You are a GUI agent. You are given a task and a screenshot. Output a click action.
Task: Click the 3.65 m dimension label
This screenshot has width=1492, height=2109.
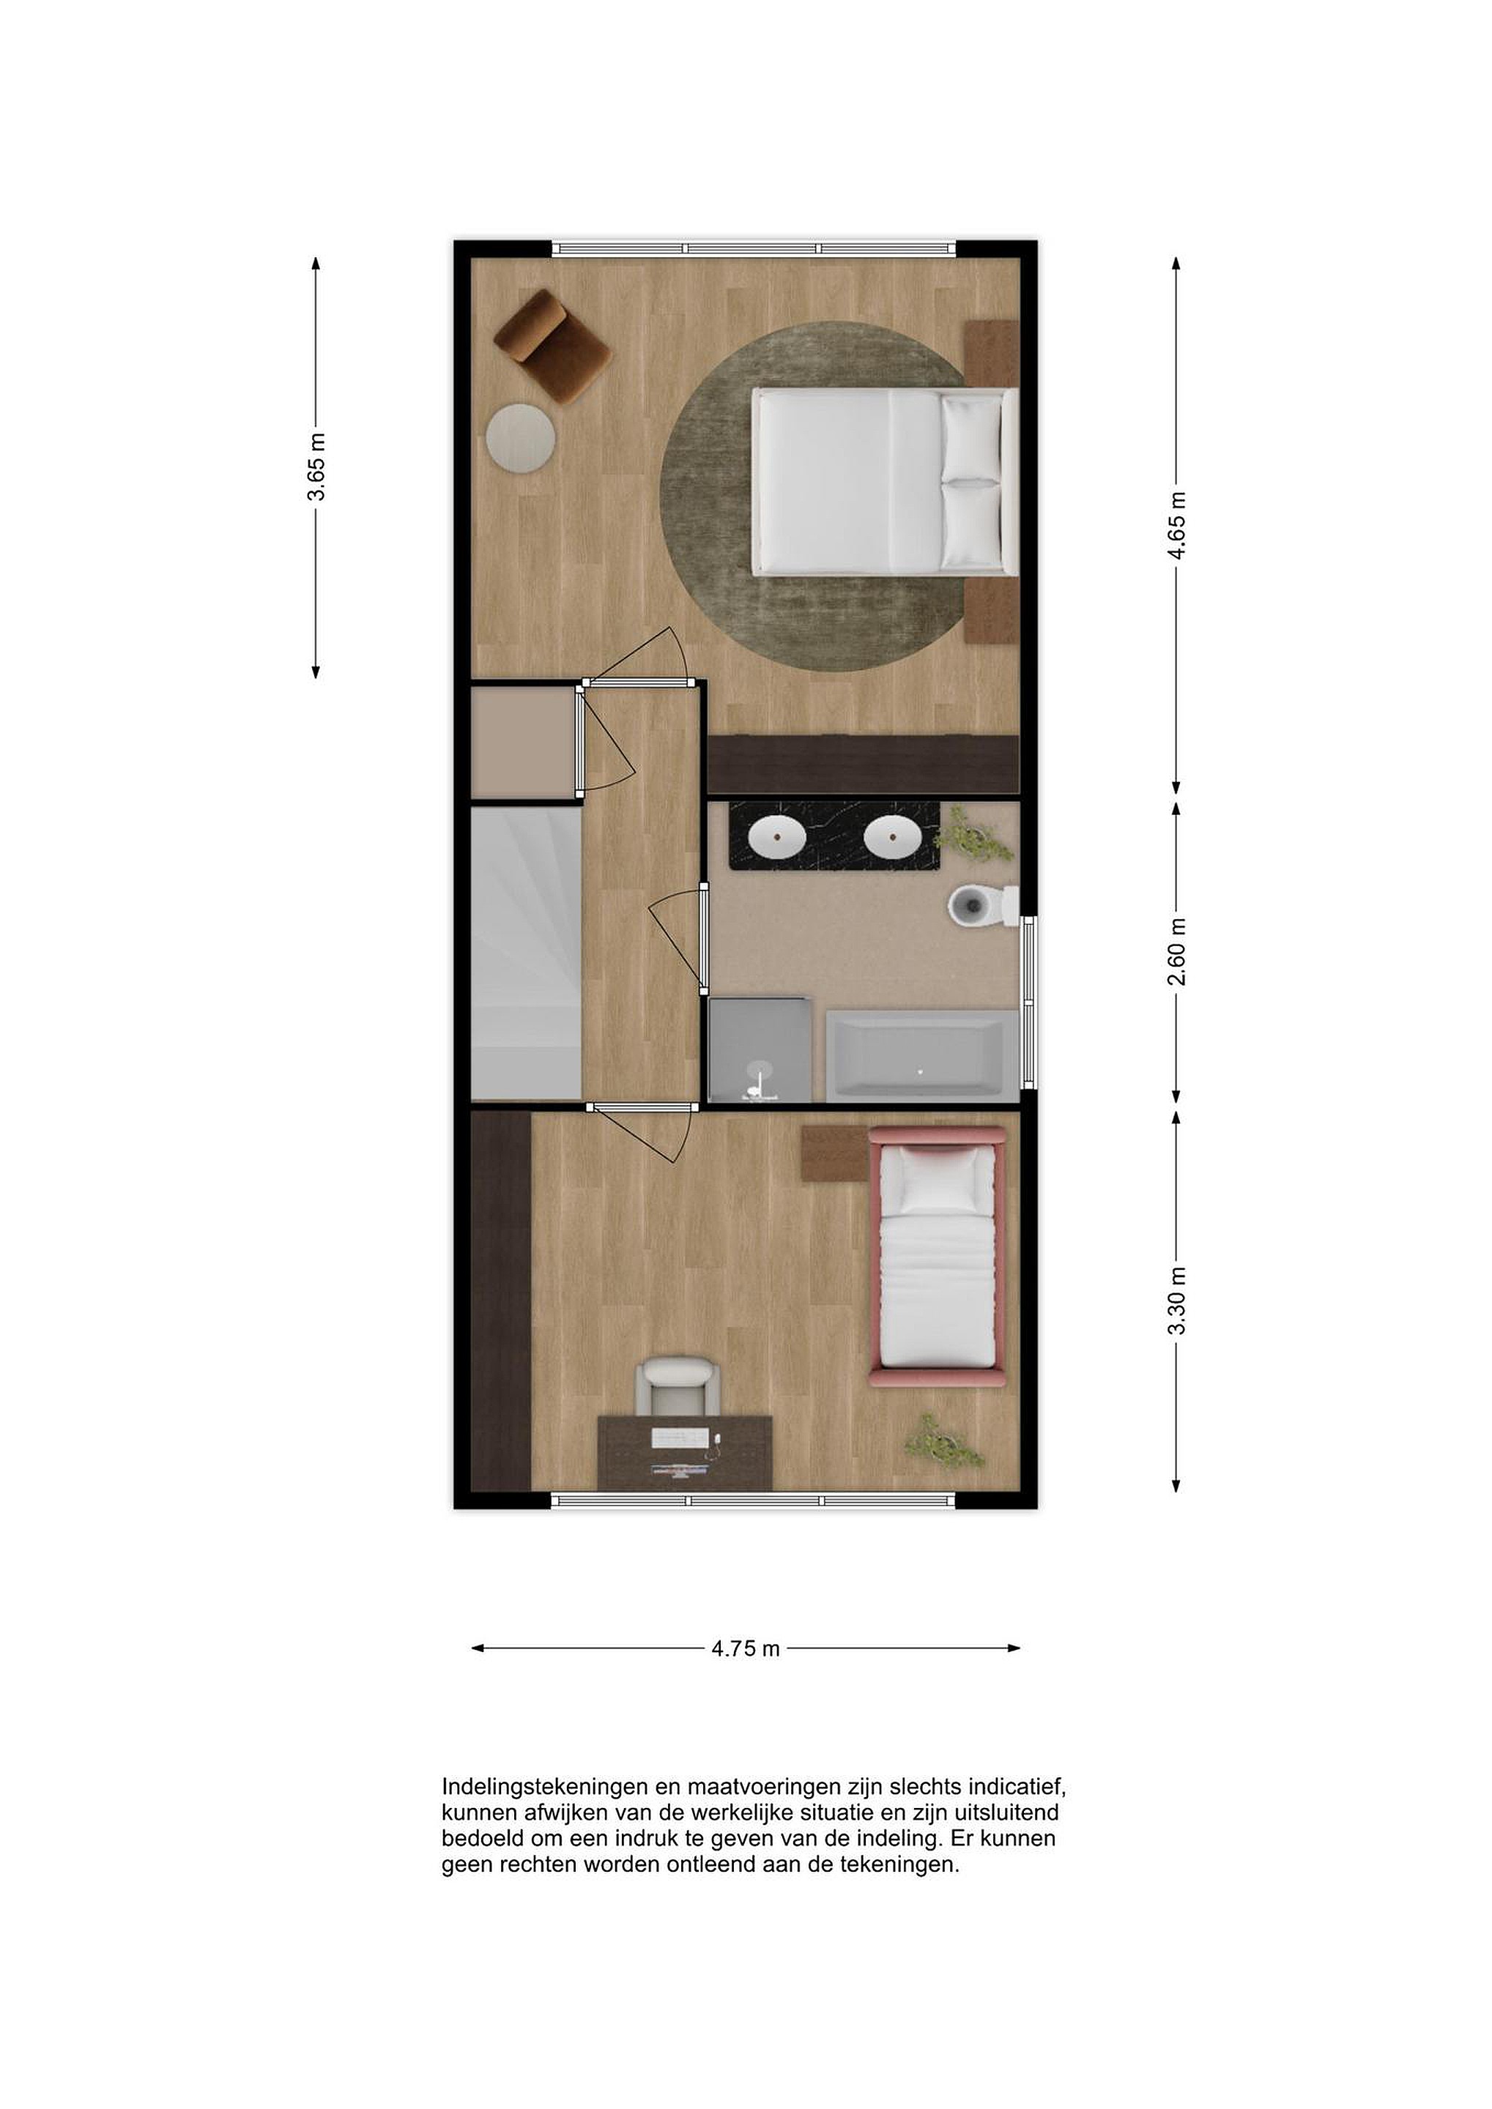coord(316,466)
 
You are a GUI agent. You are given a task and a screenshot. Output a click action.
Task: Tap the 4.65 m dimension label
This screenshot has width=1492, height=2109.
coord(1177,524)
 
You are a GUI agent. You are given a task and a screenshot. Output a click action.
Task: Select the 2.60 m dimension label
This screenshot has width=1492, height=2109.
coord(1177,951)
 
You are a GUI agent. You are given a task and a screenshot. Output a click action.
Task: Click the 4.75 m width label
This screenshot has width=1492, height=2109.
coord(745,1649)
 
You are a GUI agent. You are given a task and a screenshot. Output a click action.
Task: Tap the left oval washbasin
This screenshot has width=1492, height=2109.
coord(777,837)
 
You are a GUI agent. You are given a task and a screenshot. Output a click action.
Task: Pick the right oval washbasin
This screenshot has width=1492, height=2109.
coord(893,837)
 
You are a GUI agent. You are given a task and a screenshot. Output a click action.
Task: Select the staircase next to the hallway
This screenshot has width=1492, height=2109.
coord(527,952)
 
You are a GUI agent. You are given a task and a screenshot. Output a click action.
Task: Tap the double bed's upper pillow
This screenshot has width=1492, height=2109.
coord(972,437)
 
